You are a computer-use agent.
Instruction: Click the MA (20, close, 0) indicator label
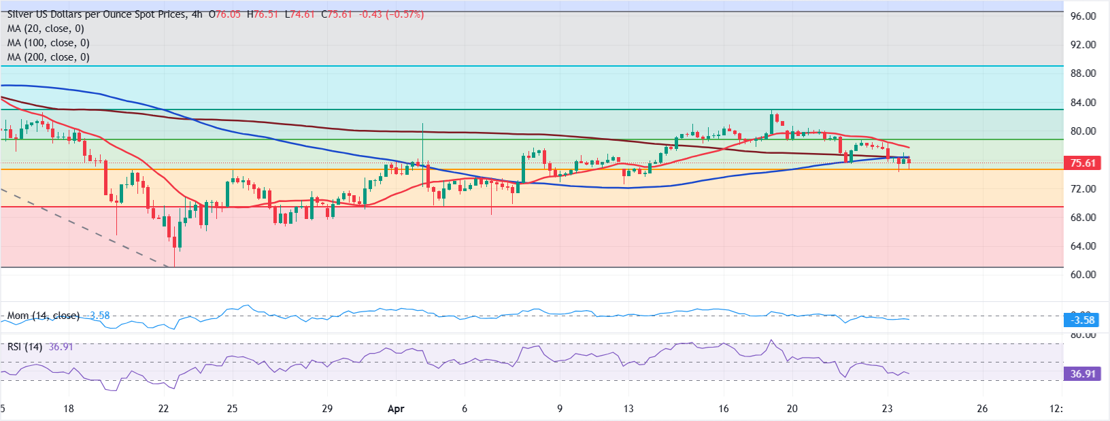pyautogui.click(x=46, y=29)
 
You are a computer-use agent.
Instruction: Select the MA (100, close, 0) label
pyautogui.click(x=48, y=43)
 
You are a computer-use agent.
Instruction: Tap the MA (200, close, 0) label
pyautogui.click(x=48, y=57)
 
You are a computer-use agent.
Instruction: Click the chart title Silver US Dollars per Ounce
pyautogui.click(x=95, y=14)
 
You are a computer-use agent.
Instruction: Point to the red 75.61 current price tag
pyautogui.click(x=1082, y=163)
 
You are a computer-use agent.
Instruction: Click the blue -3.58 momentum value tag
pyautogui.click(x=1082, y=320)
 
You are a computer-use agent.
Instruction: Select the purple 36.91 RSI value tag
pyautogui.click(x=1082, y=373)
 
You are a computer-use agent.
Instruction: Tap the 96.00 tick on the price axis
pyautogui.click(x=1083, y=16)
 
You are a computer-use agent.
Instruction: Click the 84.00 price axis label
pyautogui.click(x=1083, y=103)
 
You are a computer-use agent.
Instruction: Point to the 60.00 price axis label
pyautogui.click(x=1083, y=275)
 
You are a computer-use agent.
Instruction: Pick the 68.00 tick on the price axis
pyautogui.click(x=1083, y=218)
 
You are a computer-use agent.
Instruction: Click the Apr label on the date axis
pyautogui.click(x=396, y=409)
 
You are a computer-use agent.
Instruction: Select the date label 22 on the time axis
pyautogui.click(x=163, y=409)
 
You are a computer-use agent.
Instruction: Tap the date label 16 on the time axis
pyautogui.click(x=723, y=409)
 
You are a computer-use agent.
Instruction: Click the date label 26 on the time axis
pyautogui.click(x=982, y=409)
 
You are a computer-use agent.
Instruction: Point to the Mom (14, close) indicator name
pyautogui.click(x=44, y=316)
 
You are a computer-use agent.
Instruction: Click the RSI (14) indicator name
pyautogui.click(x=24, y=347)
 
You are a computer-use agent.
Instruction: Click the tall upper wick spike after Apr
pyautogui.click(x=422, y=127)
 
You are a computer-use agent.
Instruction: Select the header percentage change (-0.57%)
pyautogui.click(x=405, y=14)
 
